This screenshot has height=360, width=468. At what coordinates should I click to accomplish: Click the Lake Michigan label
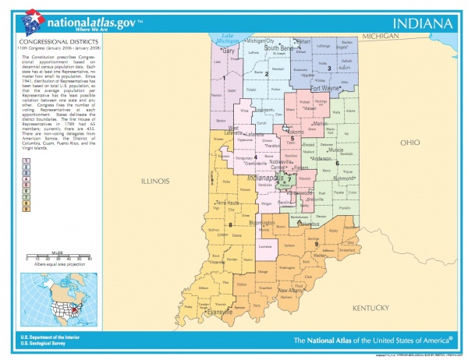[x=228, y=37]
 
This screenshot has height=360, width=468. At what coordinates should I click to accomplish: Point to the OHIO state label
[x=409, y=143]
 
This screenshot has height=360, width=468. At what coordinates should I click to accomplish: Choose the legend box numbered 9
[x=26, y=210]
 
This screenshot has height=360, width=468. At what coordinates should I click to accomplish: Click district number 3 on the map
[x=329, y=68]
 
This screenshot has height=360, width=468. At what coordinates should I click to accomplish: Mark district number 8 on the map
[x=231, y=225]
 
